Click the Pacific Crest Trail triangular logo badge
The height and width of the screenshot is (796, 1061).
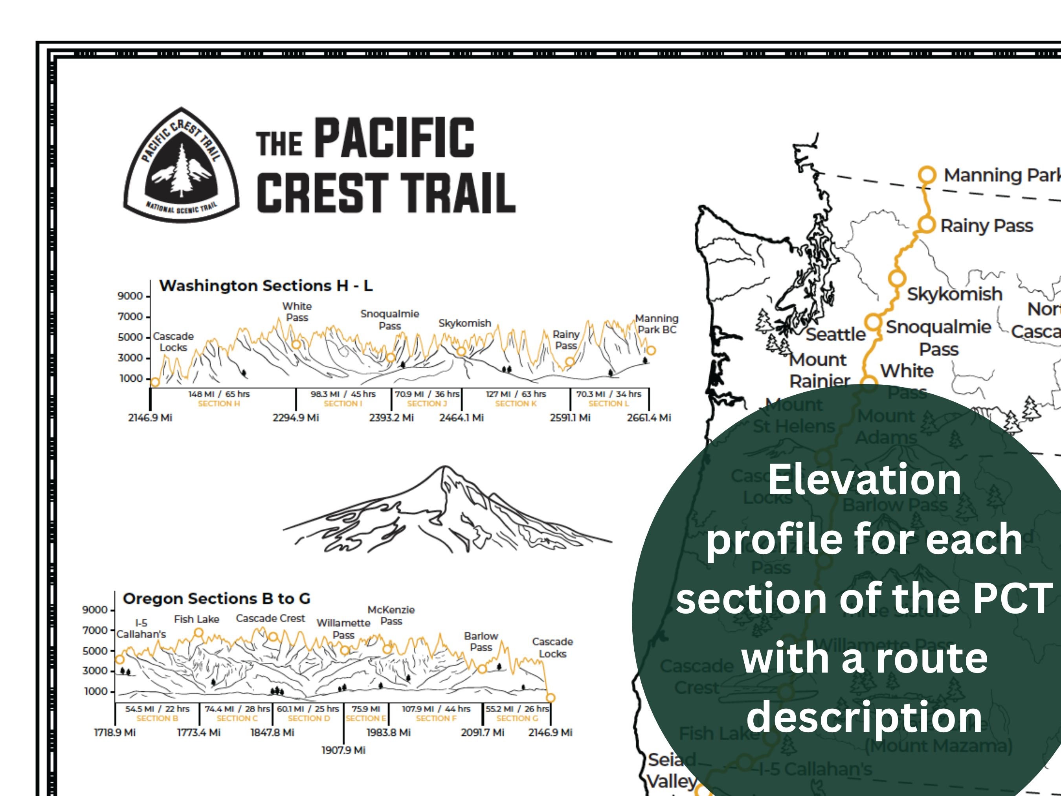(x=181, y=166)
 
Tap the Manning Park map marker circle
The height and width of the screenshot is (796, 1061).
(x=927, y=175)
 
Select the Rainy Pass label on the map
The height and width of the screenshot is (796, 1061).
(x=986, y=226)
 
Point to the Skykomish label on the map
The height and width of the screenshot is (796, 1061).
(x=954, y=294)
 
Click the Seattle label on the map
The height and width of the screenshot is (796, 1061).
(x=835, y=335)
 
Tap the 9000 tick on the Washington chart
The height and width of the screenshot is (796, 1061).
(x=130, y=296)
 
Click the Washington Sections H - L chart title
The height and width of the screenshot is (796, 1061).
(x=266, y=286)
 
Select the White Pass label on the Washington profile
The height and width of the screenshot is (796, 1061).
(x=297, y=312)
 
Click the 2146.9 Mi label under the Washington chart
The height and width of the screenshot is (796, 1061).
(x=150, y=417)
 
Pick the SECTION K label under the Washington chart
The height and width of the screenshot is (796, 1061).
(x=516, y=404)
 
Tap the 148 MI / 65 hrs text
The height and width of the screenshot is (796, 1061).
(x=219, y=394)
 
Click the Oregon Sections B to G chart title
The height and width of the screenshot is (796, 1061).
(x=216, y=598)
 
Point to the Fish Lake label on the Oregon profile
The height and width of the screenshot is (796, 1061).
(x=196, y=620)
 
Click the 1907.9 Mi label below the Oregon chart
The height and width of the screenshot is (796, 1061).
(x=343, y=750)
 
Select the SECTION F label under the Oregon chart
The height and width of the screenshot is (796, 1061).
(x=436, y=718)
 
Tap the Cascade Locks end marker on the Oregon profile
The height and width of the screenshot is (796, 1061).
(x=551, y=698)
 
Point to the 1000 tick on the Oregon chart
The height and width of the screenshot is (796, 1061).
(x=96, y=691)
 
